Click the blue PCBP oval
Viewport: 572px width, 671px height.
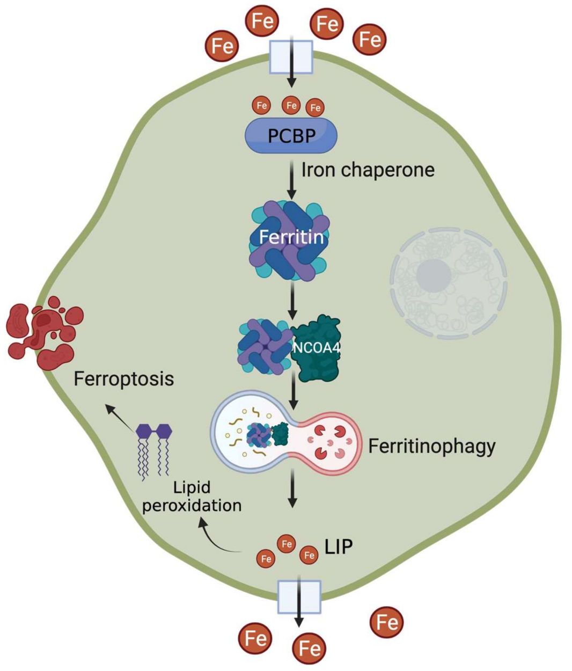[x=291, y=135]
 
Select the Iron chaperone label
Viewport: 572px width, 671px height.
[x=368, y=170]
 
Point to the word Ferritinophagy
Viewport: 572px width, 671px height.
[x=431, y=446]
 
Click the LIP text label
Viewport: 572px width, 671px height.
[x=339, y=547]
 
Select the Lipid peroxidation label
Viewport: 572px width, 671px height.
[x=192, y=497]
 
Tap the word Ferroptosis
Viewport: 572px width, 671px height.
[x=124, y=379]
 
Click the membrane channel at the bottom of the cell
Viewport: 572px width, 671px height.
[x=299, y=597]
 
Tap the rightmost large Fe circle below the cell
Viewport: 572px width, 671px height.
[x=387, y=623]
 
